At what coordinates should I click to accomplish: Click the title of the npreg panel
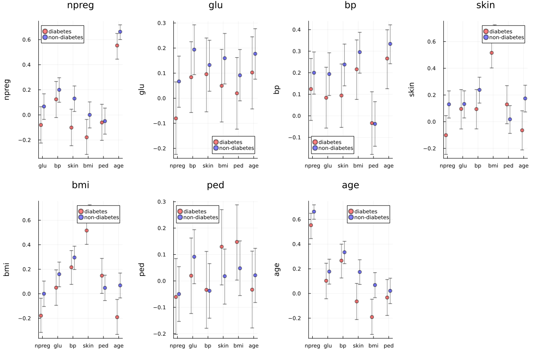(x=81, y=6)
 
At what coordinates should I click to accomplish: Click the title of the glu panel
(x=216, y=6)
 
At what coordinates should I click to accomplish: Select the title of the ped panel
(x=216, y=185)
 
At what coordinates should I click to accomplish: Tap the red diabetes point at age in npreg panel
(x=117, y=45)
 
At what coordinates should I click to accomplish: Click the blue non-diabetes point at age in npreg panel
(x=120, y=32)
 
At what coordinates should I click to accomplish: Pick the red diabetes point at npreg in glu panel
(x=176, y=118)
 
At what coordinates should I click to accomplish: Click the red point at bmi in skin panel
(x=491, y=53)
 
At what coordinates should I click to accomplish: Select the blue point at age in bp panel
(x=390, y=44)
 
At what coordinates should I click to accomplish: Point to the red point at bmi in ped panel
(x=237, y=242)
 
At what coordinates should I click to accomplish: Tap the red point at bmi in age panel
(x=372, y=317)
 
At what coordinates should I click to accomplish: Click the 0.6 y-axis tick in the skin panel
(x=434, y=41)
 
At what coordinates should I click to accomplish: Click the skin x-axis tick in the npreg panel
(x=73, y=166)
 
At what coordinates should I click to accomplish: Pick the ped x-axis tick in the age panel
(x=389, y=346)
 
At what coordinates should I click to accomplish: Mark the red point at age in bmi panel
(x=117, y=317)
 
